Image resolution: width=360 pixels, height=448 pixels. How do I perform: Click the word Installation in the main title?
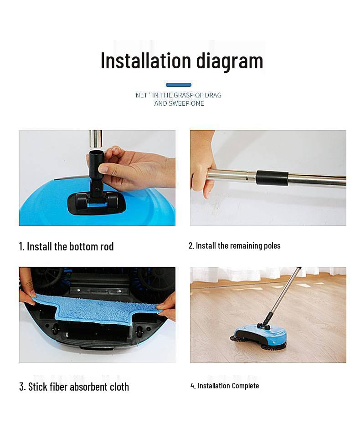(x=145, y=61)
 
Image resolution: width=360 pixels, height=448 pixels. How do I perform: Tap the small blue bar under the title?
(x=179, y=85)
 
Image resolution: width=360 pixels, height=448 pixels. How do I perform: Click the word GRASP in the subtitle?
(x=185, y=95)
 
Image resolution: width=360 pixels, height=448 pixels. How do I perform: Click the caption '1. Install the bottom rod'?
(x=67, y=247)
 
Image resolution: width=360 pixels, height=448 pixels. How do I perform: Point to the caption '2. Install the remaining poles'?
(x=235, y=246)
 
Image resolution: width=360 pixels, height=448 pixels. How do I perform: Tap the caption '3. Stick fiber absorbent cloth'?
(x=74, y=387)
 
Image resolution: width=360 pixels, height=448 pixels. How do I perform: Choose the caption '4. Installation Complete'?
(x=225, y=386)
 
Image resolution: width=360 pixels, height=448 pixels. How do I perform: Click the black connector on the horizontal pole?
(x=272, y=178)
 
